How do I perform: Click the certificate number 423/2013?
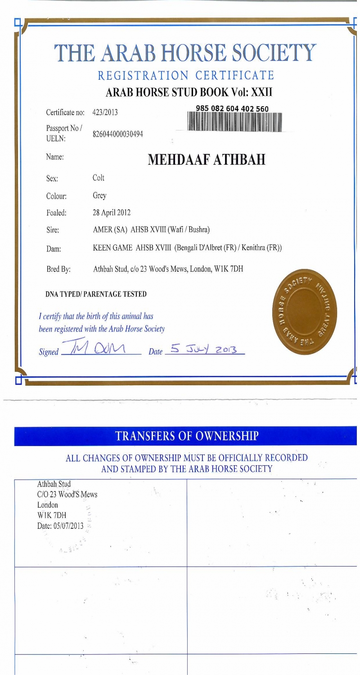coord(105,112)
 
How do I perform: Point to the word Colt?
coord(98,178)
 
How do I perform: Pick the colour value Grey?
coord(99,196)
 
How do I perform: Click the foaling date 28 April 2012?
coord(112,212)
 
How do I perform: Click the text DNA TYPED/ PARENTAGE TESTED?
coord(96,294)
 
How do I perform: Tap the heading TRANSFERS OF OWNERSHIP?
coord(187,435)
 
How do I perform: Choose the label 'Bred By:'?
coord(58,270)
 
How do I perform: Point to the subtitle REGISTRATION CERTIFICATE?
coord(186,75)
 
